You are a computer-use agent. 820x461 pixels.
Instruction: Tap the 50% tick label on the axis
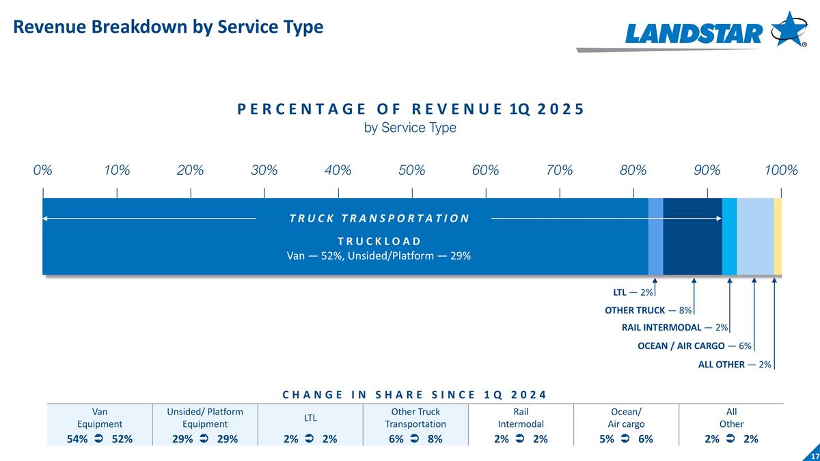click(411, 170)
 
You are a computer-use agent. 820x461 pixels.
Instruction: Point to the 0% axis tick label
click(42, 170)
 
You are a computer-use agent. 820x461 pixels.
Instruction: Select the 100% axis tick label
click(780, 170)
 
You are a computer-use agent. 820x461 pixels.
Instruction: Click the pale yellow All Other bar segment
click(778, 236)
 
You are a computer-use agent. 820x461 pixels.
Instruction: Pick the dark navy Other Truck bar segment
click(692, 236)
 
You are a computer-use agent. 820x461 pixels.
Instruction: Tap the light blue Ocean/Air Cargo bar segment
click(755, 236)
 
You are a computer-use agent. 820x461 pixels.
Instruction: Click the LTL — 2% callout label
click(633, 292)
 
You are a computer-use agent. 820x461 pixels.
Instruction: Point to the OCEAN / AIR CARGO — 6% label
click(694, 346)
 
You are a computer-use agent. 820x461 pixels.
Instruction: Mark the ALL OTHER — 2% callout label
click(735, 365)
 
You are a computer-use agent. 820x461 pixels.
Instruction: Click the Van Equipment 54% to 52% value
click(100, 439)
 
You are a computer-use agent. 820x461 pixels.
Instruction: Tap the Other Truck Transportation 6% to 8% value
click(415, 439)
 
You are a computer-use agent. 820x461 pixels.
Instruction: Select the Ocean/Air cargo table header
click(626, 418)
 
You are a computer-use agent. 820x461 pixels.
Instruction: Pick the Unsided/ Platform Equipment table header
click(205, 418)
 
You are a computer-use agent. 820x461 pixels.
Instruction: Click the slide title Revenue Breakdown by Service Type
click(168, 27)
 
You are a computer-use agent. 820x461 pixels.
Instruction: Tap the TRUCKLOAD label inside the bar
click(379, 241)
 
